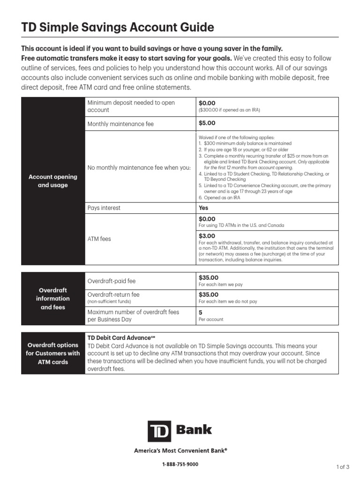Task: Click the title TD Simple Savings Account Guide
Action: [x=118, y=27]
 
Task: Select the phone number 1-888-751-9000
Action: [x=180, y=464]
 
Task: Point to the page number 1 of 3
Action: [x=343, y=466]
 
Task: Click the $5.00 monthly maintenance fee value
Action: [x=207, y=123]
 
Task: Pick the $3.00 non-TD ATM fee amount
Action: [x=207, y=236]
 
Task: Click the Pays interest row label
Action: [x=104, y=208]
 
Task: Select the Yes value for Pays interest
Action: [x=203, y=208]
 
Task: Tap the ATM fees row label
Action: [x=99, y=239]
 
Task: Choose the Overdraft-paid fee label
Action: [x=112, y=281]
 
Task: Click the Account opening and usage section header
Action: [x=53, y=181]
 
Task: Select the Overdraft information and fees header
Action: [x=53, y=299]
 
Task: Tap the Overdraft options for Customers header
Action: [x=53, y=353]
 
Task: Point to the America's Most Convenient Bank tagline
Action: [x=180, y=450]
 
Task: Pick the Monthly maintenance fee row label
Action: [x=120, y=124]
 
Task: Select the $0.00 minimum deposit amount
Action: [x=207, y=103]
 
